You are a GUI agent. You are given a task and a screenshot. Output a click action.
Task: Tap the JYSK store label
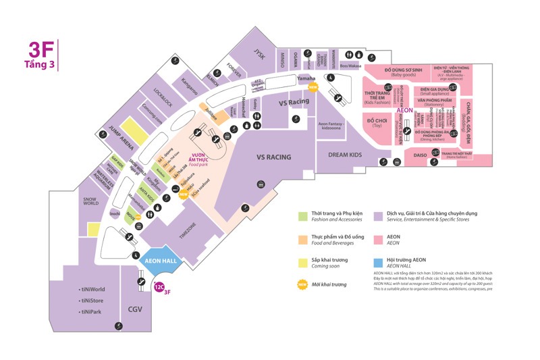point(257,53)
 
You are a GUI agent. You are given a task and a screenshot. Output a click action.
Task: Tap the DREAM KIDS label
point(344,155)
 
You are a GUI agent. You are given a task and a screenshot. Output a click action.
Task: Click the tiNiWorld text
point(92,290)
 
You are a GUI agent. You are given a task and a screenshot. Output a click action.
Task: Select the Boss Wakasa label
point(350,66)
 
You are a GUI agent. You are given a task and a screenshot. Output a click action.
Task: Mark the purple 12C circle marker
point(159,286)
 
